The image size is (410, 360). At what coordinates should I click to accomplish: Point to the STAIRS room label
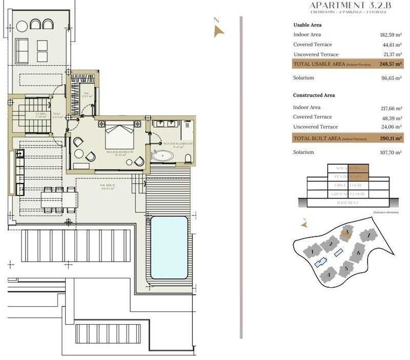pos(42,114)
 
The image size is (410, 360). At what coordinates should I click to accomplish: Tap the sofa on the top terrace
pos(23,49)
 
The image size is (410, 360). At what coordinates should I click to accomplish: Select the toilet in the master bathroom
pos(188,156)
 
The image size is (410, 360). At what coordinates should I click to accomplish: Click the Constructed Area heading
pos(314,95)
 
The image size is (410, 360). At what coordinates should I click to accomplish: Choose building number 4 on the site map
pos(328,275)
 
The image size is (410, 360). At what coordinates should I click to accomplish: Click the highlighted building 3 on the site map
pos(347,232)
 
